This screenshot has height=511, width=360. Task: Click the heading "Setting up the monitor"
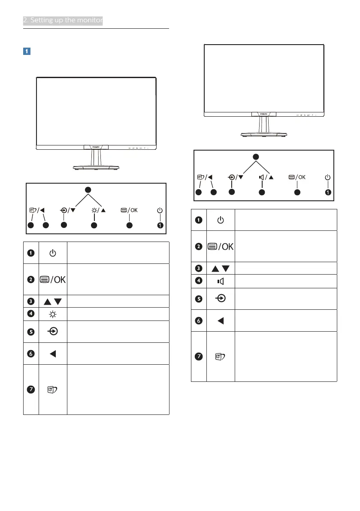point(63,20)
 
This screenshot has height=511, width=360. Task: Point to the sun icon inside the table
point(53,313)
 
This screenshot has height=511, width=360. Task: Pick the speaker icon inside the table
point(221,281)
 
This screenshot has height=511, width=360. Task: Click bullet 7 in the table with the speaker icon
point(199,356)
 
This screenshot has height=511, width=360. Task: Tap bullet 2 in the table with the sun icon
point(31,279)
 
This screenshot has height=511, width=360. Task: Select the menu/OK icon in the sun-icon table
point(52,279)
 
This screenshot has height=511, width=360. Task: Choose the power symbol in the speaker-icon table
point(221,220)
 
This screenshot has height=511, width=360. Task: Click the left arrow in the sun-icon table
point(53,354)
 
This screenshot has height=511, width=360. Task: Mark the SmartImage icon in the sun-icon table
point(52,390)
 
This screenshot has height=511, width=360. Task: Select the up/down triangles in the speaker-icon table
point(221,268)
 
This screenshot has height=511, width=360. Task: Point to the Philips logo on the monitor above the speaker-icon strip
point(263,115)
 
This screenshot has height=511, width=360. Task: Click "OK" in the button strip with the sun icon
point(134,210)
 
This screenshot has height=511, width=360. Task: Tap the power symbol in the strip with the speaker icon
point(328,177)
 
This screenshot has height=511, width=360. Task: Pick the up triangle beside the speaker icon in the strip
point(272,177)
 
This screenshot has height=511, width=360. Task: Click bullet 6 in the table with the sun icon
point(31,354)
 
